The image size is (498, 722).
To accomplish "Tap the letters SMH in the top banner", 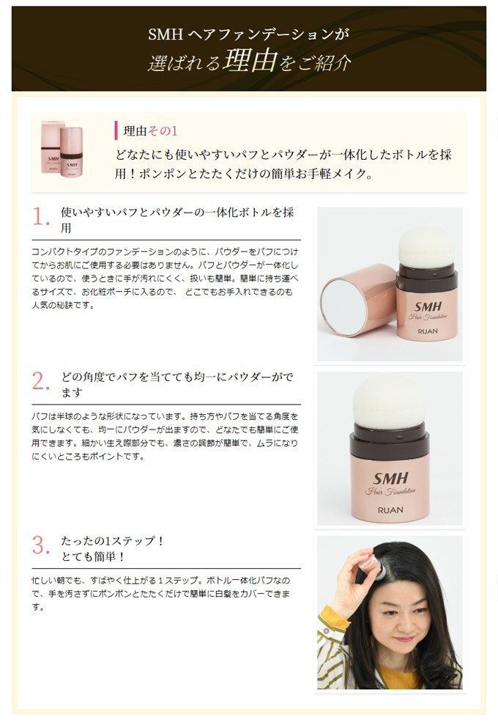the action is (x=166, y=34).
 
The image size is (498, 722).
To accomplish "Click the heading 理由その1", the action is (x=150, y=130).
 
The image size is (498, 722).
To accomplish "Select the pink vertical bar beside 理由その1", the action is (x=116, y=130).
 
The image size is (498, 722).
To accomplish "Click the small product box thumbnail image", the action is (x=62, y=150).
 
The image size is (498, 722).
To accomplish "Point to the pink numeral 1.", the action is (x=40, y=216).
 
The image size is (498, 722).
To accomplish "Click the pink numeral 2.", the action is (x=40, y=381).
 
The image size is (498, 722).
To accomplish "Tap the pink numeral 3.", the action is (x=40, y=545).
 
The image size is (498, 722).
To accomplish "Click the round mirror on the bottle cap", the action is (x=343, y=306).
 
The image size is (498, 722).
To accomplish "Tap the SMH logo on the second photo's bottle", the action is (x=390, y=478).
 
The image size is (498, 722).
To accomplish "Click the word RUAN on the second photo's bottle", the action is (x=390, y=509).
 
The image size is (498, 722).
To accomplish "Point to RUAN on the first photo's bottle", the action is (x=428, y=331).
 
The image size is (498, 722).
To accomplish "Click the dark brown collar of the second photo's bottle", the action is (x=390, y=441).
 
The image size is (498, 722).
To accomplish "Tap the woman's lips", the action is (x=404, y=639).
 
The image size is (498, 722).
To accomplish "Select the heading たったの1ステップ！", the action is (x=112, y=540).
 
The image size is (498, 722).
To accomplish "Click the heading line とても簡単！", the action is (x=93, y=556).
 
